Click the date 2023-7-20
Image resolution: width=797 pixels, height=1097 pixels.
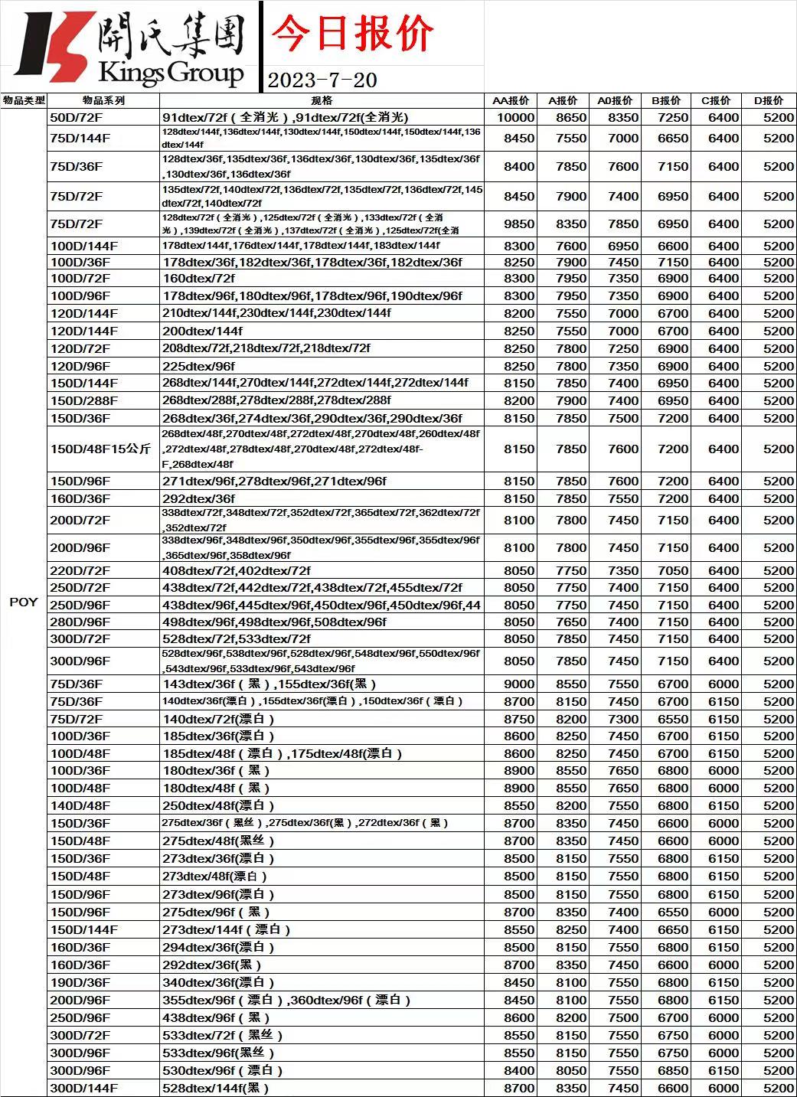(322, 80)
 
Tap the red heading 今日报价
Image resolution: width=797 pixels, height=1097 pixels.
(353, 34)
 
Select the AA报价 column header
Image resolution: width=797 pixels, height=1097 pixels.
(511, 100)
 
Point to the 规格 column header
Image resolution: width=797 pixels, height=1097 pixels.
(322, 100)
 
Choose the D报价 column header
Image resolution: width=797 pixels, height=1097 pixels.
(769, 100)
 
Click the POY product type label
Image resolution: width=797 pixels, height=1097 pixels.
(23, 602)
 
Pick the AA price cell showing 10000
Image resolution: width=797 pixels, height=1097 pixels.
(515, 118)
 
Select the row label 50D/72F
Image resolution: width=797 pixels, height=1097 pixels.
(77, 118)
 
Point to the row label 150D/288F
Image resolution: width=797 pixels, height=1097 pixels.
(84, 400)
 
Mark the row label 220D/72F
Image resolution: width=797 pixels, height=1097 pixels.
(80, 570)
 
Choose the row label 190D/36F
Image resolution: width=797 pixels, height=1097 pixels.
(80, 982)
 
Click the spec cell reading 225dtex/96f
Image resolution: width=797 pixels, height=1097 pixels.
(199, 366)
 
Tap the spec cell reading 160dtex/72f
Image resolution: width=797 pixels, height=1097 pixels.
(199, 279)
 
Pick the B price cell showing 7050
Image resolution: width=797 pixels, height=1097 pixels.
(673, 570)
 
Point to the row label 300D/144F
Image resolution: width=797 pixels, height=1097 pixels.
(84, 1088)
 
